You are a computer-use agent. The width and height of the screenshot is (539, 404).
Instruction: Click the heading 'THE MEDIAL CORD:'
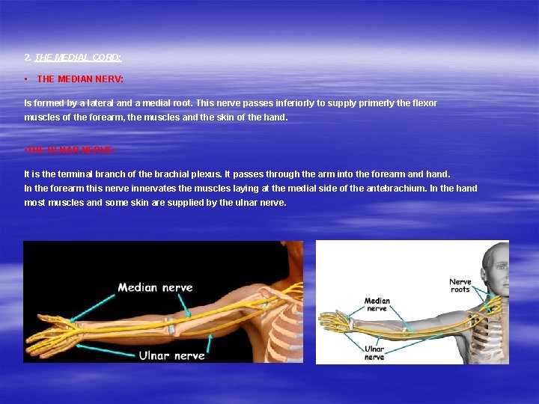78,57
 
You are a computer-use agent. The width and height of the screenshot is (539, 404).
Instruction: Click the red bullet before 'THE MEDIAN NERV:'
26,79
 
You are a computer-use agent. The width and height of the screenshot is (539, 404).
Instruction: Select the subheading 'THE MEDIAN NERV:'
80,79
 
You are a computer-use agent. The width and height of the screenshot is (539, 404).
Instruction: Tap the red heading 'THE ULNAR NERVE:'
70,150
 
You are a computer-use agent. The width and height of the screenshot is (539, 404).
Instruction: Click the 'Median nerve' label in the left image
155,287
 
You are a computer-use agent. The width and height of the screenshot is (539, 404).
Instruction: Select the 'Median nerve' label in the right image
377,304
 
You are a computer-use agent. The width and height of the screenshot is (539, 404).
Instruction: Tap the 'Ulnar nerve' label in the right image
374,352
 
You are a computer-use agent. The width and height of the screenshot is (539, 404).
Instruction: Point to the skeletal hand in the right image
334,322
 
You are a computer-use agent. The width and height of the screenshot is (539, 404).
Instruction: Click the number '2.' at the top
28,57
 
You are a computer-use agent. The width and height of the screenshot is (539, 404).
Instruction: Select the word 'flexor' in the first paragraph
424,103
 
